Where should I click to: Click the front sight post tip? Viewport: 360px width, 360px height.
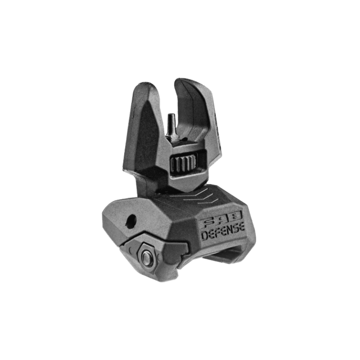171,114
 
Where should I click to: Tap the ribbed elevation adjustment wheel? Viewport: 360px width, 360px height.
184,162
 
